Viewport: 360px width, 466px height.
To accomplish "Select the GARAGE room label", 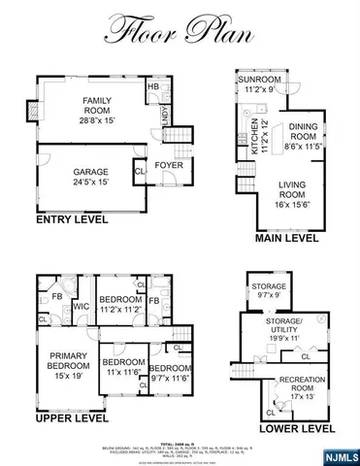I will click(91, 177).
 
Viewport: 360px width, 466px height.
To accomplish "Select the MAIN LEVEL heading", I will click(286, 238).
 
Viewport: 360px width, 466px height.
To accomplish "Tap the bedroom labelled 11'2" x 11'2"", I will click(119, 303).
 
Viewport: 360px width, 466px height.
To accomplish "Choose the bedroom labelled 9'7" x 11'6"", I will click(169, 374).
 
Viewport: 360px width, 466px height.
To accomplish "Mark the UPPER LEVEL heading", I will click(71, 419).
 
